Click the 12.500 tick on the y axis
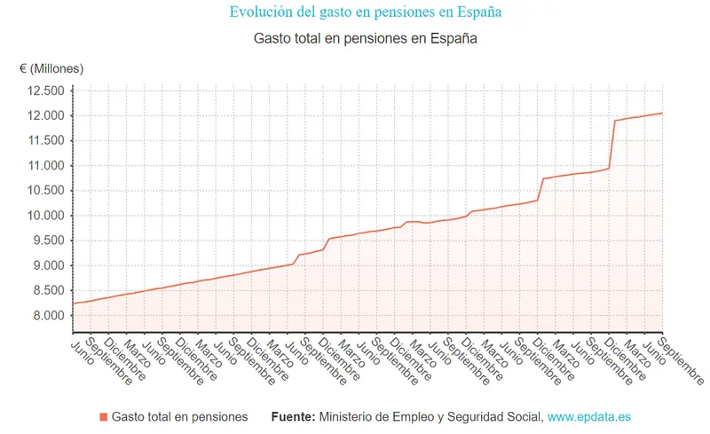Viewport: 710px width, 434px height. pyautogui.click(x=46, y=91)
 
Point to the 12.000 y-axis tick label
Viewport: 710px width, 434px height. pyautogui.click(x=46, y=115)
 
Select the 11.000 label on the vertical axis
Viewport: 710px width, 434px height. pyautogui.click(x=46, y=166)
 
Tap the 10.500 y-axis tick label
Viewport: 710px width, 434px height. pyautogui.click(x=46, y=191)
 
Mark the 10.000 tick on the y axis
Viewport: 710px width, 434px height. pyautogui.click(x=46, y=216)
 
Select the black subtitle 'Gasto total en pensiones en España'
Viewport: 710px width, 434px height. pyautogui.click(x=365, y=39)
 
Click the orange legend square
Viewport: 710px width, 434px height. pyautogui.click(x=104, y=416)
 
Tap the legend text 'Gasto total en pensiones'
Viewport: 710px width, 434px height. pyautogui.click(x=179, y=416)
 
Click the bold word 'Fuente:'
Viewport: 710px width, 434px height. pyautogui.click(x=292, y=416)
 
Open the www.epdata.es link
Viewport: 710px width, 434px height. pyautogui.click(x=588, y=416)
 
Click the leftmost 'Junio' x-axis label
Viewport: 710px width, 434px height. pyautogui.click(x=84, y=347)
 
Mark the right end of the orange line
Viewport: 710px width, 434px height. pyautogui.click(x=663, y=113)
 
